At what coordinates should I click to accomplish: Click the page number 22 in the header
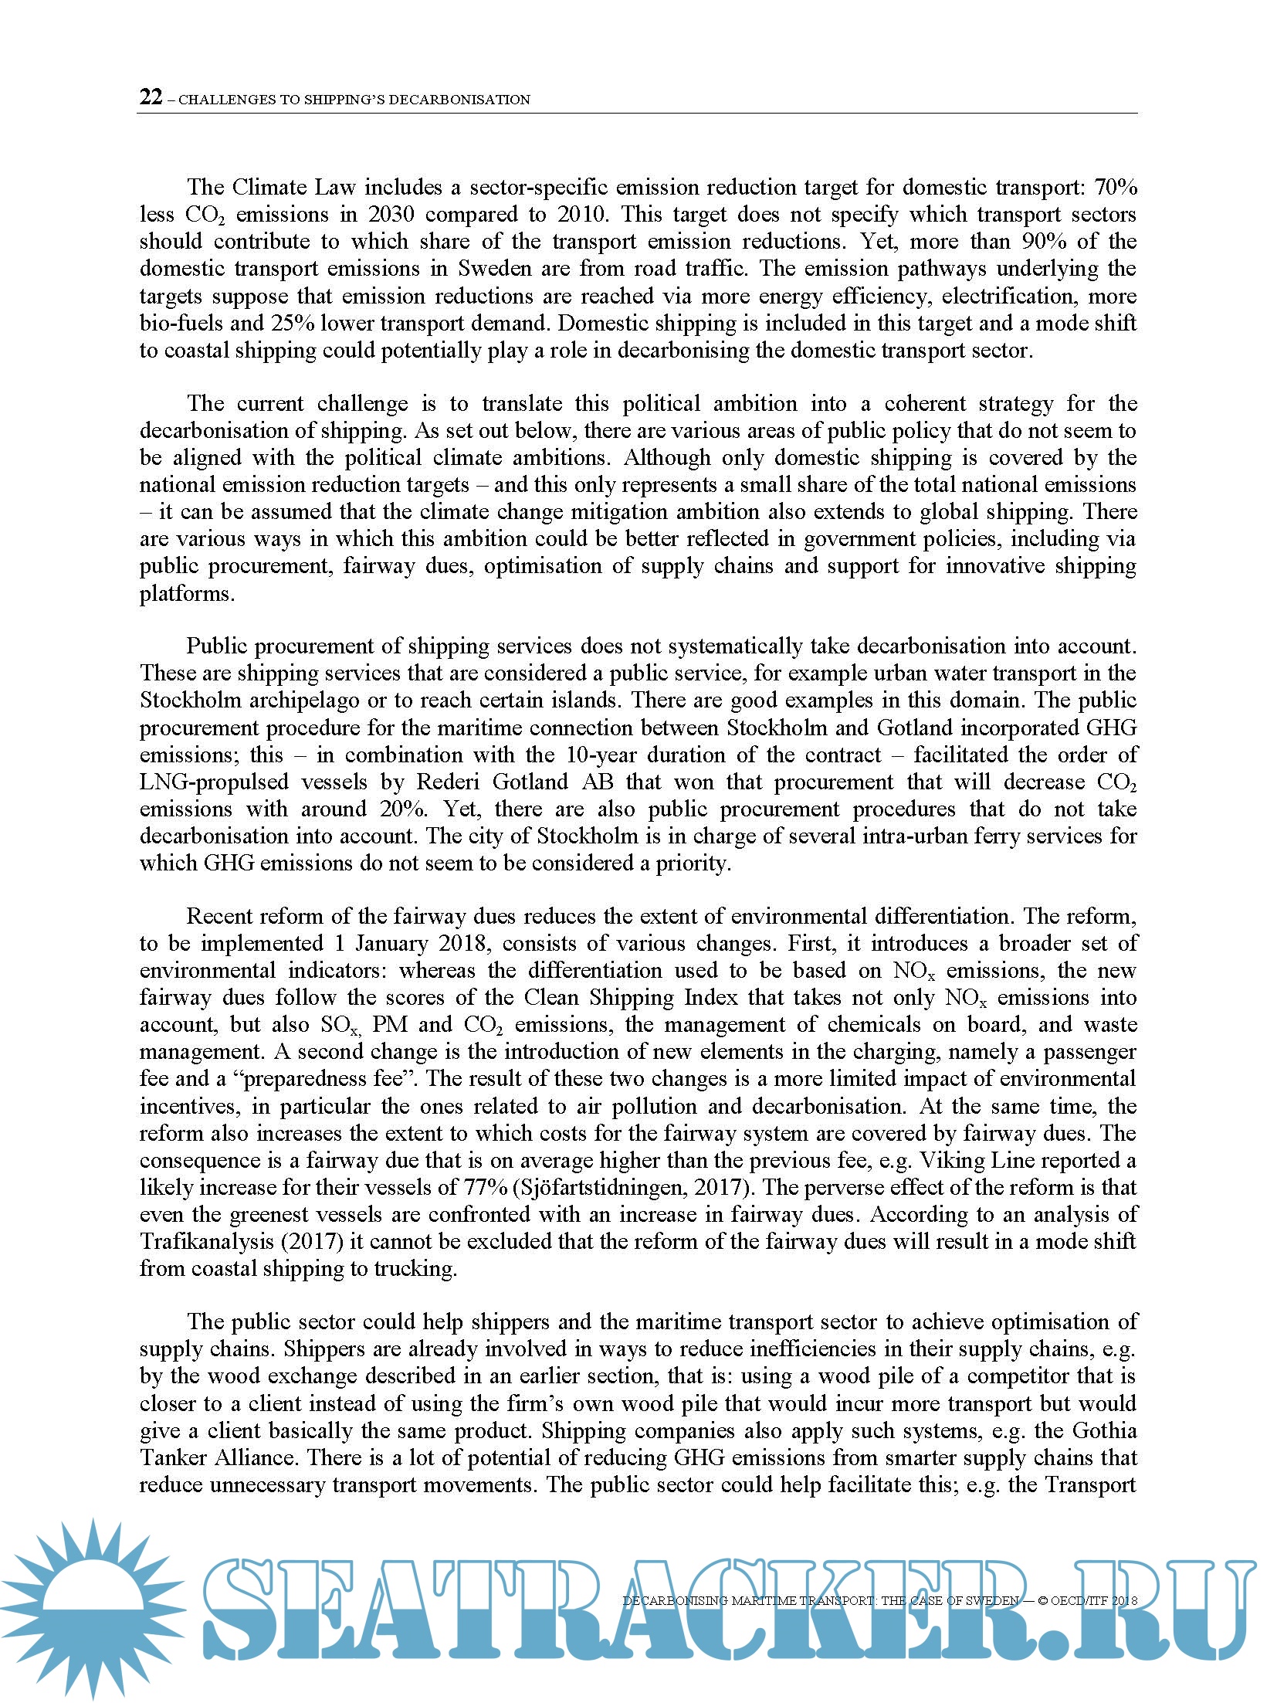[x=151, y=97]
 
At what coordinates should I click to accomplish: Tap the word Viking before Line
[x=952, y=1161]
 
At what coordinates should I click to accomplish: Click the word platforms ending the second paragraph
[x=186, y=594]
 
